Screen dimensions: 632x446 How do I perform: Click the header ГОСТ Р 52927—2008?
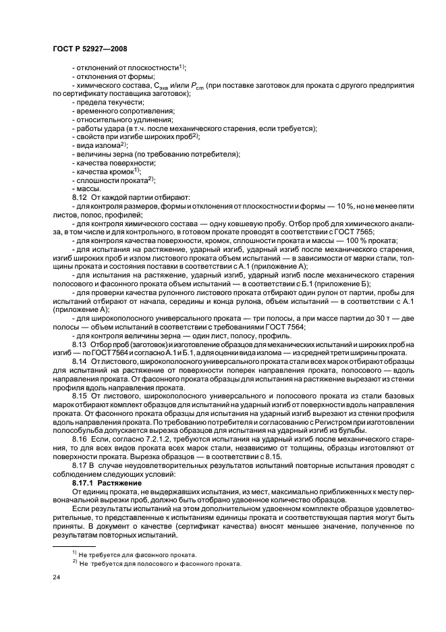point(89,49)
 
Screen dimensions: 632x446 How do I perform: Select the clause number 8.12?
point(80,197)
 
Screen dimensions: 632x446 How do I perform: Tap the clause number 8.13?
point(80,346)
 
